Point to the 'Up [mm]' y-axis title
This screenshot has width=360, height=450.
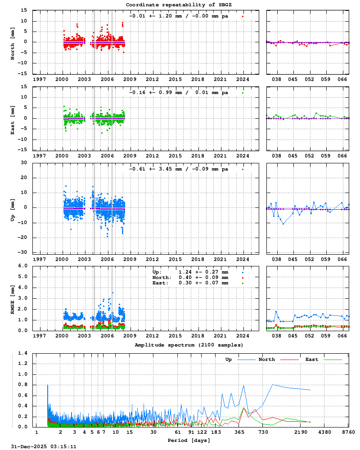point(13,207)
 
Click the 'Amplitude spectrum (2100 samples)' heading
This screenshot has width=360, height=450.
point(189,345)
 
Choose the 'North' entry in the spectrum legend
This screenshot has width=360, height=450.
point(267,360)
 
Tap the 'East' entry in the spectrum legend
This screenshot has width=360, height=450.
point(312,360)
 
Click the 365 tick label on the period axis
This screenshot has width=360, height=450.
point(239,432)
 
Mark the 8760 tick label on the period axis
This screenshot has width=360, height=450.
point(348,432)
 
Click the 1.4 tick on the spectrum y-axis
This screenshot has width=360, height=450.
point(23,353)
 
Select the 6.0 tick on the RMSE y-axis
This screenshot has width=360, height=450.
point(23,265)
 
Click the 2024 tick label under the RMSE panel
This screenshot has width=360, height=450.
point(243,336)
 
